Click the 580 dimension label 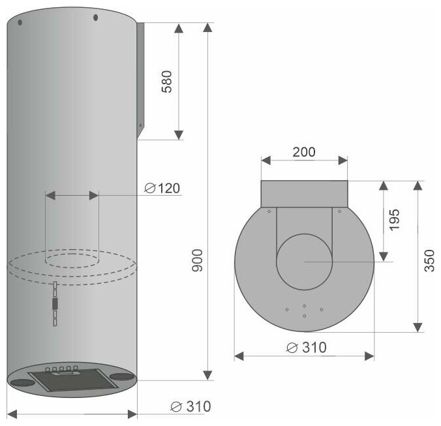[166, 82]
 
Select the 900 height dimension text [197, 260]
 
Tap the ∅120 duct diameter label [162, 188]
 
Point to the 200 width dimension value [304, 152]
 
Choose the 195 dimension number [394, 220]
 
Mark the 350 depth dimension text [429, 261]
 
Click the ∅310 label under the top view [306, 348]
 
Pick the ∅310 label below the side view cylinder [190, 406]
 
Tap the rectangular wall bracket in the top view [304, 194]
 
